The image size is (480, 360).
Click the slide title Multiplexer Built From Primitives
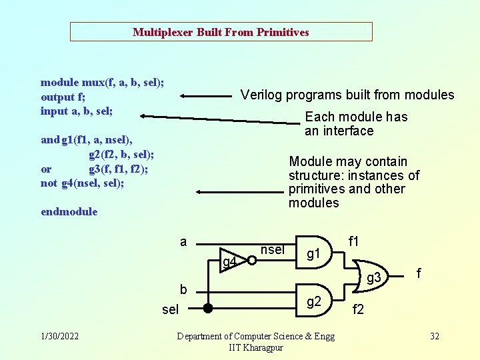221,32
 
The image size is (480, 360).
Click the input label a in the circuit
183,242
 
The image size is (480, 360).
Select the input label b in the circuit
183,289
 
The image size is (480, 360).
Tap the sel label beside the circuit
171,309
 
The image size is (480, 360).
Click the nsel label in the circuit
272,250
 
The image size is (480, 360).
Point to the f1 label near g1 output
354,241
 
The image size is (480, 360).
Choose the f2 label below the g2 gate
358,309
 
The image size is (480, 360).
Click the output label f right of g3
419,273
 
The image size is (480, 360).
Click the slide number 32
435,336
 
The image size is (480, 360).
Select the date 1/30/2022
60,336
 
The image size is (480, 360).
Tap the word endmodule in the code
69,212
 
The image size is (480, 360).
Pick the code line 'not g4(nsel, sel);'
82,183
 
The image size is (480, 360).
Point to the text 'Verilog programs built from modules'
347,95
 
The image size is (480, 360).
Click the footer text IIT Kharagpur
256,348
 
